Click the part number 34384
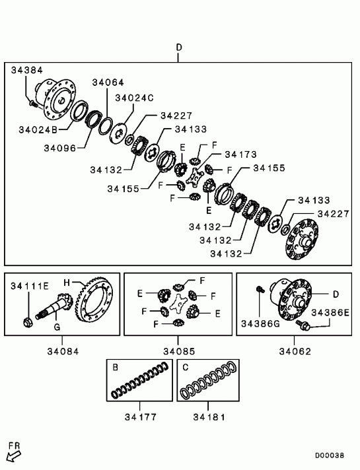pos(27,70)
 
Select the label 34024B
pos(38,129)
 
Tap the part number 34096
pos(60,148)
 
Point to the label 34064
pos(108,83)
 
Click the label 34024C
pos(134,98)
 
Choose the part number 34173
pos(241,154)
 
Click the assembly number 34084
pos(63,351)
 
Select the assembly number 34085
pos(179,351)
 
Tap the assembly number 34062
pos(295,351)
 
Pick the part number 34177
pos(141,417)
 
